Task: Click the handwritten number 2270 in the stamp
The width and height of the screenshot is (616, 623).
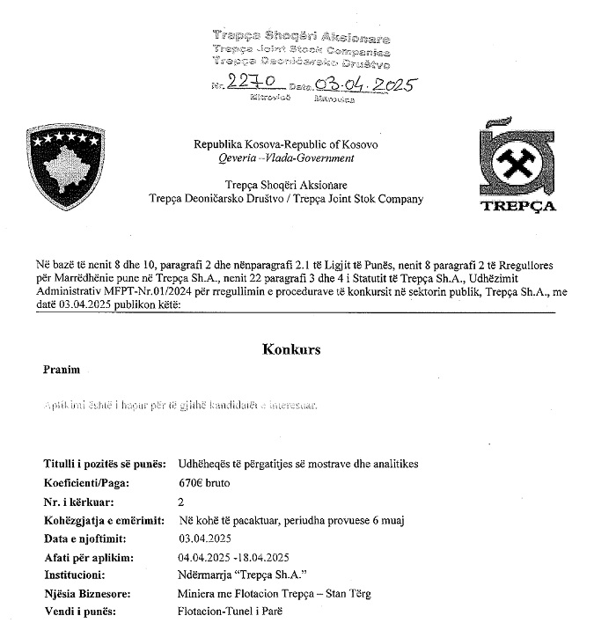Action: click(x=253, y=83)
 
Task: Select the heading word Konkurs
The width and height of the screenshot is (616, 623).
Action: click(x=291, y=349)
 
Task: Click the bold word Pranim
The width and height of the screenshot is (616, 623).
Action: click(x=62, y=370)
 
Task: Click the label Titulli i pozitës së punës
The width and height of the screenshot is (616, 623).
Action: click(x=104, y=464)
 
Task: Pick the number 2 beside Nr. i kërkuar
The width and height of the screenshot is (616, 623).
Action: click(x=181, y=502)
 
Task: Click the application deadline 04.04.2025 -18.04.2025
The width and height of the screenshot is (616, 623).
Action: click(x=233, y=557)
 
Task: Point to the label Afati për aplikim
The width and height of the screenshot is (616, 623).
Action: click(x=88, y=557)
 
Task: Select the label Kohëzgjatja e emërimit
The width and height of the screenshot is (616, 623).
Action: click(x=102, y=520)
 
